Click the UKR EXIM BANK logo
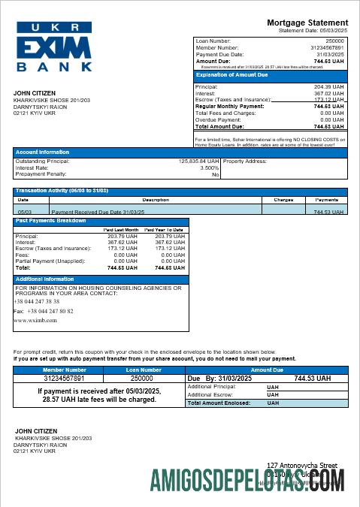(x=54, y=47)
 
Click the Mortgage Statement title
(x=307, y=23)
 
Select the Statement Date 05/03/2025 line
(x=313, y=31)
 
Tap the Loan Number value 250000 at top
(x=334, y=41)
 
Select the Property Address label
(x=245, y=161)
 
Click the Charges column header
(x=283, y=201)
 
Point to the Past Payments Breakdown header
(x=50, y=221)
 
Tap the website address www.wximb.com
(x=35, y=320)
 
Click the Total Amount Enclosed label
(x=222, y=403)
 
